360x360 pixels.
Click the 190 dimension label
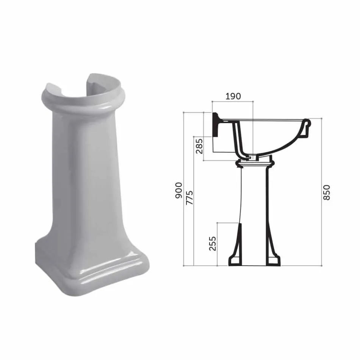click(233, 96)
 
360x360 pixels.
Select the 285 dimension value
click(199, 146)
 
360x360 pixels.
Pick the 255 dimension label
click(213, 243)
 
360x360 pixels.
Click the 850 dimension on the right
click(327, 192)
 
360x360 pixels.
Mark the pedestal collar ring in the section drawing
click(255, 164)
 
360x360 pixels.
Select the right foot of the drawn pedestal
click(273, 261)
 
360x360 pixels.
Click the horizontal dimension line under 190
click(232, 102)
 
